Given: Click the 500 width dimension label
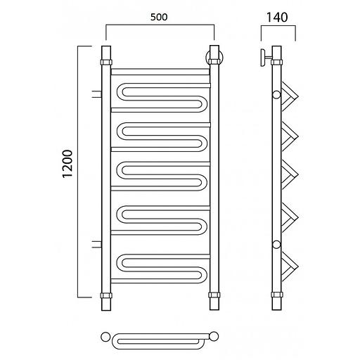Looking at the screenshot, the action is (x=159, y=17).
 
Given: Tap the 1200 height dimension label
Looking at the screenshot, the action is (x=67, y=164).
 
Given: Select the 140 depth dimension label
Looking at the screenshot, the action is (x=277, y=18).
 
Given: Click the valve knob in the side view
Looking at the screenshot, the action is (x=263, y=58).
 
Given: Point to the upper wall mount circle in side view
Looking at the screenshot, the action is (x=276, y=95).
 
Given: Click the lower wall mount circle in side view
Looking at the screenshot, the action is (x=276, y=245).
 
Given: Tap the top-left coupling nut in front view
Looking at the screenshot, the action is (x=106, y=63).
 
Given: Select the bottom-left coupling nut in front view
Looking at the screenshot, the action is (x=106, y=295).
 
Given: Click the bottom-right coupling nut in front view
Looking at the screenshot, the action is (x=214, y=295).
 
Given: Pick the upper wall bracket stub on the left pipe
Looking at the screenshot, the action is (x=97, y=94).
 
